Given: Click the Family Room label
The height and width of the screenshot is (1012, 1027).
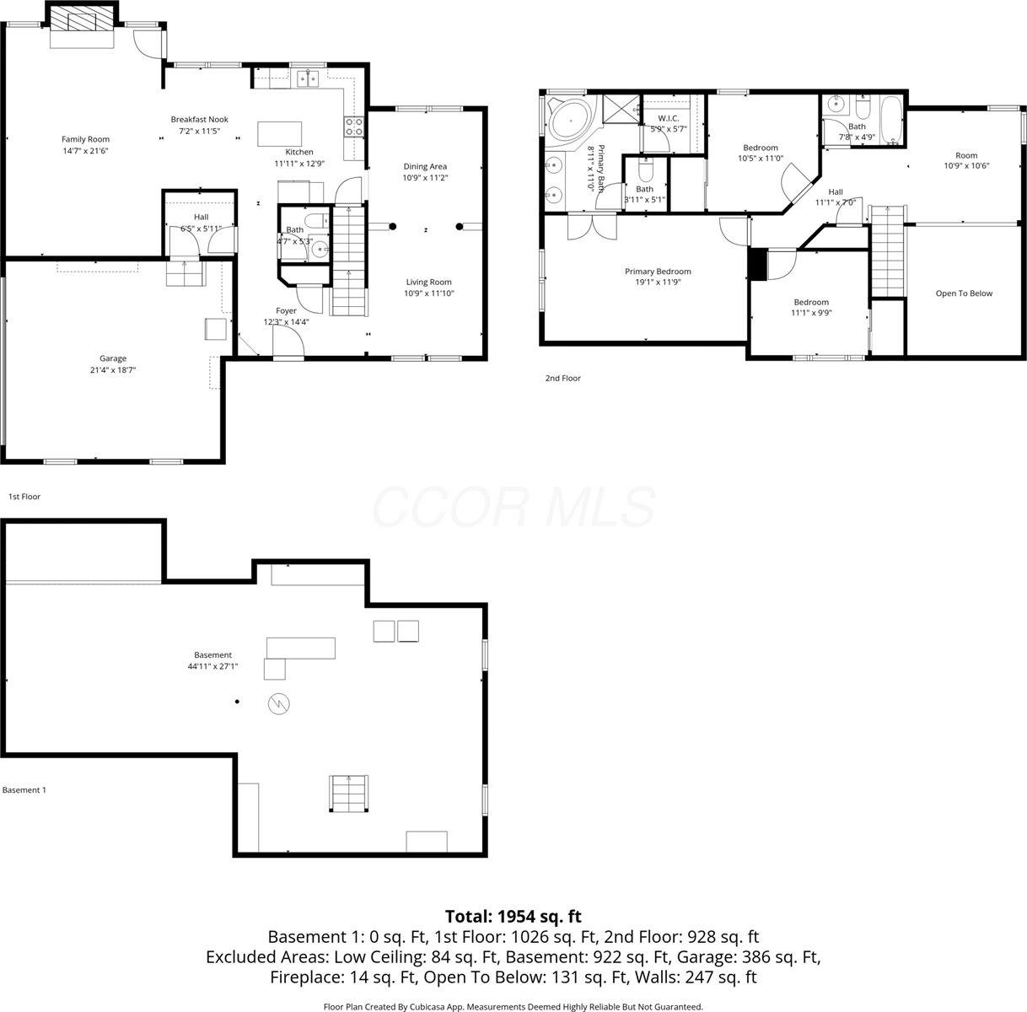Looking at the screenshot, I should (85, 139).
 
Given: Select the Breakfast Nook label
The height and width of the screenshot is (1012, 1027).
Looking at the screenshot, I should (199, 120).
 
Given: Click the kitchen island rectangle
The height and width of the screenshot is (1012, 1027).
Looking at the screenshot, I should (279, 134).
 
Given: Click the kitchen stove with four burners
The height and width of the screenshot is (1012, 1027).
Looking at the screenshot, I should (355, 126).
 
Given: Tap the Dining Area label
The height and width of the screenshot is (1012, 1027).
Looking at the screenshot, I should (425, 166).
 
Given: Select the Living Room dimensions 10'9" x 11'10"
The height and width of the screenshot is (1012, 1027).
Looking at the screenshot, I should (428, 293).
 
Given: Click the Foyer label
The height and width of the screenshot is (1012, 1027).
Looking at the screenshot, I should (286, 310).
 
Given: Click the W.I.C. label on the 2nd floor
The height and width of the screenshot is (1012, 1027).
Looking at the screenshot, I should (669, 118).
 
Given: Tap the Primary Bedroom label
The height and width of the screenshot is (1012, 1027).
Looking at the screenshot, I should (658, 272).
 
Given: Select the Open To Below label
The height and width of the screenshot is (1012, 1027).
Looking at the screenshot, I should (964, 293).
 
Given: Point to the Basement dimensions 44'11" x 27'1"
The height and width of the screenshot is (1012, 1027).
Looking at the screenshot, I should (212, 666).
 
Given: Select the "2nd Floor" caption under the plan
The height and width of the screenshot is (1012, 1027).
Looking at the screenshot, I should (562, 379).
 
